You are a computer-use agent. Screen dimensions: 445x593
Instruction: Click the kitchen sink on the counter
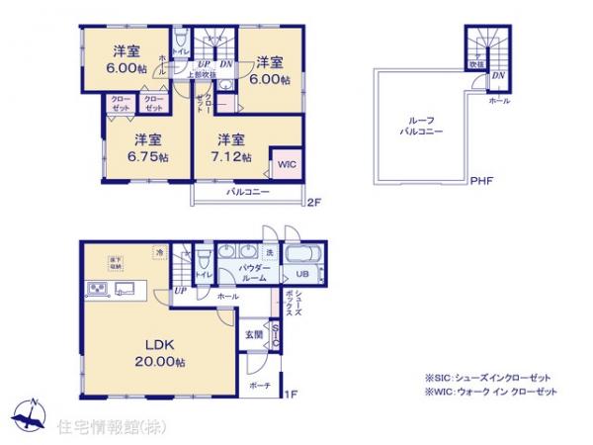tap(127, 289)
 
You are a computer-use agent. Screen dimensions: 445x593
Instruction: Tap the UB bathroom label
tap(303, 274)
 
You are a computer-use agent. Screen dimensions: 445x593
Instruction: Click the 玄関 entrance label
tap(253, 335)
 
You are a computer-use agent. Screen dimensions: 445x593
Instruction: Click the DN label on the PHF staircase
tap(499, 75)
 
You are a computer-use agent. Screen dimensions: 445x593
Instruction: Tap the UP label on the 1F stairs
tap(180, 291)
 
